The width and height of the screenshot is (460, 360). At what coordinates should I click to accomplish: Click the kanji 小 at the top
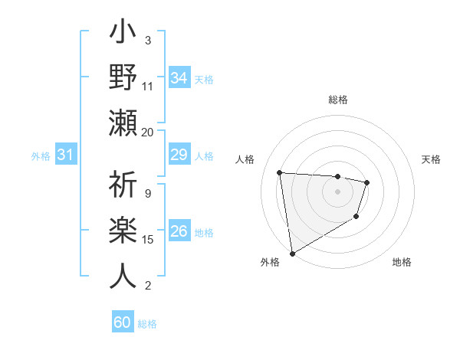pos(123,35)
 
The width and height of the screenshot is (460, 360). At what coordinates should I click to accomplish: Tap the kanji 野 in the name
pos(123,78)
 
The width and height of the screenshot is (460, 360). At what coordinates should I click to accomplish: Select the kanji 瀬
pos(123,123)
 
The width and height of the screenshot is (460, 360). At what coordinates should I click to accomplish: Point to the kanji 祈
pos(123,185)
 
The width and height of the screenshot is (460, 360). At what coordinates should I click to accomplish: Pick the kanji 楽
pos(123,231)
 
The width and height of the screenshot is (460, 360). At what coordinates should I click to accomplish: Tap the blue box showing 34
pos(179,78)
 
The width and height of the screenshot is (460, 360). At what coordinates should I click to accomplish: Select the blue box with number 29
pos(179,155)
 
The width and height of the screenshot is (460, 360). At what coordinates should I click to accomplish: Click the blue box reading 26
pos(179,231)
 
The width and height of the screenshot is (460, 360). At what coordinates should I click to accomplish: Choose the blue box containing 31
pos(66,155)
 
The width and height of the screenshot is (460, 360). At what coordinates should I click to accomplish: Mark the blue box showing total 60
pos(123,322)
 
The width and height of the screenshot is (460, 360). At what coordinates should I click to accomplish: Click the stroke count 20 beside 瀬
pos(148,132)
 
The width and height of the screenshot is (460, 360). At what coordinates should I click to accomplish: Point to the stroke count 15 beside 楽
pos(148,240)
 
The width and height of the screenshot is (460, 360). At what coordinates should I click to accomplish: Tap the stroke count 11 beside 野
pos(148,87)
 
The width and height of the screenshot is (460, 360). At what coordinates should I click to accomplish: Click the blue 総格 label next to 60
pos(147,324)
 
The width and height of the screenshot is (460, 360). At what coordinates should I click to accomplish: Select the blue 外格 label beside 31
pos(41,156)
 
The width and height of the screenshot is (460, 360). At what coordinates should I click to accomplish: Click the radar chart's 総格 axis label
pos(337,100)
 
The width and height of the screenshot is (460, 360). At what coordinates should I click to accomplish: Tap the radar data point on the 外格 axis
pos(292,254)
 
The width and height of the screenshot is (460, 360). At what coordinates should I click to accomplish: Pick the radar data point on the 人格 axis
pos(280,172)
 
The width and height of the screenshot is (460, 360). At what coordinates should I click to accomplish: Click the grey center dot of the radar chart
pos(337,191)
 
